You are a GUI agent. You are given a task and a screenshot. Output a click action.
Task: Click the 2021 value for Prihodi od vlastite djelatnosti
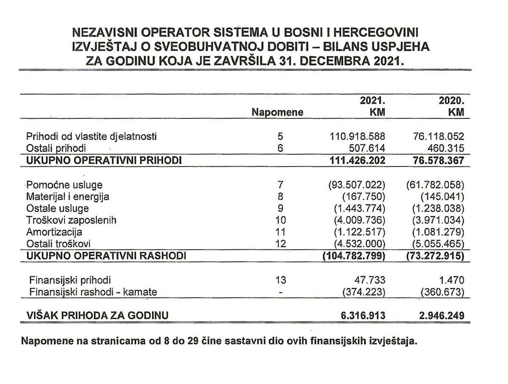tap(357, 137)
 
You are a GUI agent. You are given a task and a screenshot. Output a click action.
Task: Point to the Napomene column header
tap(277, 112)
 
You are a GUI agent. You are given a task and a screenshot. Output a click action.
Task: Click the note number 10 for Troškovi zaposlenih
tap(281, 220)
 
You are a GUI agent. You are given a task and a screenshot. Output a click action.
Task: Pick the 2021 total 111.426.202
tap(357, 160)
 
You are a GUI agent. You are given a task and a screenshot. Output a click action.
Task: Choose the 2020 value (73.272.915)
tap(435, 256)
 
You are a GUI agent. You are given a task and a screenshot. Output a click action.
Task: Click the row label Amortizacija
tap(54, 232)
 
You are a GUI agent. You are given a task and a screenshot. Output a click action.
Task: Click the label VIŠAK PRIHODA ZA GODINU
tap(97, 316)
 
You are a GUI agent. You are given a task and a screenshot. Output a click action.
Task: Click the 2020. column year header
tap(451, 100)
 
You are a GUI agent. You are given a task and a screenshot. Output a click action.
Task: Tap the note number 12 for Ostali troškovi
tap(281, 244)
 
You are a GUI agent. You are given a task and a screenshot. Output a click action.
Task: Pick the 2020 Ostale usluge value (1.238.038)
tap(438, 208)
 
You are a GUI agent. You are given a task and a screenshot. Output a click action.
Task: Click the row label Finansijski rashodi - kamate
tap(93, 292)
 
